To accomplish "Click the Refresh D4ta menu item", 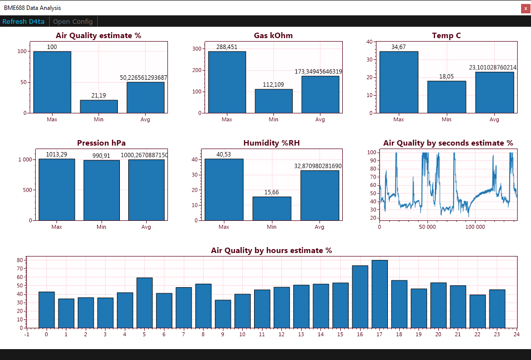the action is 23,21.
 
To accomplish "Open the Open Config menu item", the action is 73,21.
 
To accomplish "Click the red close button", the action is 526,8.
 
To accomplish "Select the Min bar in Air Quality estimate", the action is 99,106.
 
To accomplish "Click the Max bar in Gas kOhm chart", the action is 227,82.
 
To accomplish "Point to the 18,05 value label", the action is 446,77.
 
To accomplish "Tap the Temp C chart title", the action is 446,36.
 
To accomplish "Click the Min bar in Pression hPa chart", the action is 102,190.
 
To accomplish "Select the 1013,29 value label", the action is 56,154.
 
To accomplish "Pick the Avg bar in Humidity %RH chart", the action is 319,196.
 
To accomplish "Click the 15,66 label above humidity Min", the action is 271,192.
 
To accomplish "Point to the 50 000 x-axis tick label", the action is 427,227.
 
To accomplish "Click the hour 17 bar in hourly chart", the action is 379,294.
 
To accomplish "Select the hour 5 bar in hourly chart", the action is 145,303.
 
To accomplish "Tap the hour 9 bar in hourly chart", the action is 223,314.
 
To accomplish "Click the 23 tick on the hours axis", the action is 497,334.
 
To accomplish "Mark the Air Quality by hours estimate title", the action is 271,251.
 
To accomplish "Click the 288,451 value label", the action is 227,47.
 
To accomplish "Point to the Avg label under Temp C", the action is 494,119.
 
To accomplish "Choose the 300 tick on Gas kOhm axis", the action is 197,49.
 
